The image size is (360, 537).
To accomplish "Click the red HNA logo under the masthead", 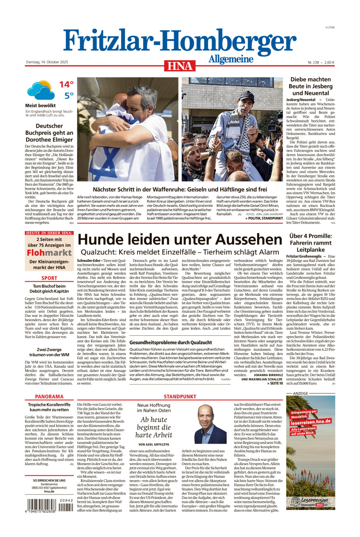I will click(x=180, y=66).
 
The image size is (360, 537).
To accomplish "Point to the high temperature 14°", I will click(x=66, y=84).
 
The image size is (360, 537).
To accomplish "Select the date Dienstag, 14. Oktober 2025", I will click(x=47, y=62).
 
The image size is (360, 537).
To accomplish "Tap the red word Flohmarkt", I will click(x=49, y=252).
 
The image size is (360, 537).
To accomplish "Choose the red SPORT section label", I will click(x=49, y=278).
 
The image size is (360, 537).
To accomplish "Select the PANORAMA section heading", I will click(x=49, y=396).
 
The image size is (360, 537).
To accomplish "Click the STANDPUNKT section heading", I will click(x=180, y=396).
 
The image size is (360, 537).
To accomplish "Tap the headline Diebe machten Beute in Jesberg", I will click(x=310, y=86).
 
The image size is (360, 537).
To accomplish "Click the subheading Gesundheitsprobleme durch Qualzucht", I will click(x=171, y=342).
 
